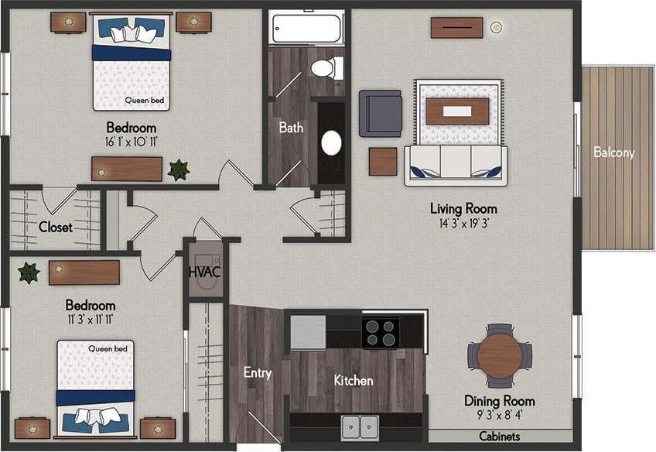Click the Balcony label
613,152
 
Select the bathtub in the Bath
307,29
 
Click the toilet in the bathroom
326,68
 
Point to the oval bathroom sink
332,143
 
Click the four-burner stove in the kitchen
381,331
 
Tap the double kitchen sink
359,425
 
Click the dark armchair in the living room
380,113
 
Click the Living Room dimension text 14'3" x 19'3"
463,223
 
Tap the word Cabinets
499,437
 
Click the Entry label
257,373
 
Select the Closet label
55,228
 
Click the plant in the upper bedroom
179,169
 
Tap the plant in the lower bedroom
29,272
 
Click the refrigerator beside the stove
308,331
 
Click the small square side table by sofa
382,161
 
